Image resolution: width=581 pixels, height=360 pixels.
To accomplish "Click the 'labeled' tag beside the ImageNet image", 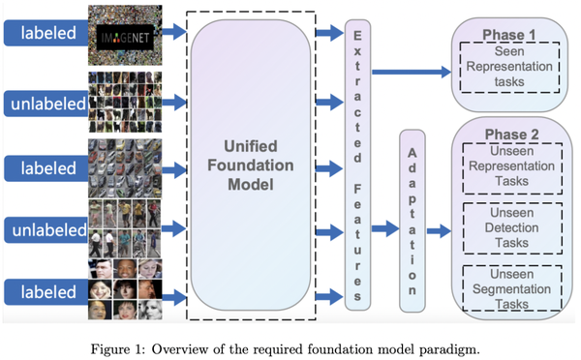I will (44, 32).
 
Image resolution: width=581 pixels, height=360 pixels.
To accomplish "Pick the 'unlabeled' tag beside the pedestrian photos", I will (44, 229).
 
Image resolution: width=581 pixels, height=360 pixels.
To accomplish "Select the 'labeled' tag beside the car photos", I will (44, 167).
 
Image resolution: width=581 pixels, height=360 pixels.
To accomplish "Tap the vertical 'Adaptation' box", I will (413, 222).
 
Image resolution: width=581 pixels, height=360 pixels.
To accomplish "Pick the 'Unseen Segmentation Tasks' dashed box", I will (509, 288).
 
